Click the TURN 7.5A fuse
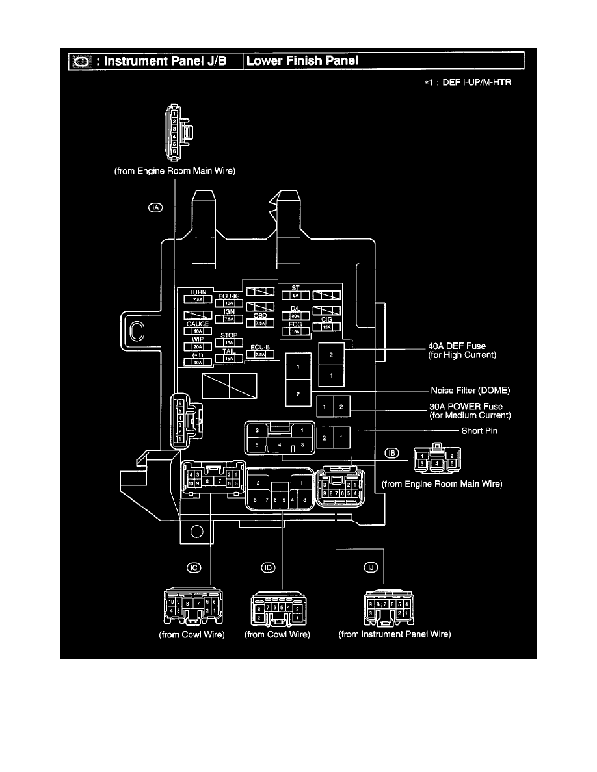pyautogui.click(x=197, y=300)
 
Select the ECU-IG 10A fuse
pyautogui.click(x=228, y=303)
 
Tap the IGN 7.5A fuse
pyautogui.click(x=228, y=319)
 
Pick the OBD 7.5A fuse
pyautogui.click(x=259, y=323)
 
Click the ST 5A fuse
pyautogui.click(x=295, y=294)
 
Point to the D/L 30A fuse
pyautogui.click(x=295, y=315)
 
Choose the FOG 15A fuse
pyautogui.click(x=295, y=331)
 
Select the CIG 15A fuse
pyautogui.click(x=326, y=328)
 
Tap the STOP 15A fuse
pyautogui.click(x=228, y=342)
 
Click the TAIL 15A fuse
pyautogui.click(x=228, y=358)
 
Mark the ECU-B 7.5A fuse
pyautogui.click(x=259, y=355)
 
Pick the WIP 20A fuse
pyautogui.click(x=197, y=346)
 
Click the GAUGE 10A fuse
pyautogui.click(x=197, y=331)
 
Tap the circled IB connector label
pyautogui.click(x=390, y=453)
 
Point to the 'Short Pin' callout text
pyautogui.click(x=480, y=431)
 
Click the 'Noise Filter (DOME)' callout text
pyautogui.click(x=470, y=391)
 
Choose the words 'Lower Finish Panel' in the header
pyautogui.click(x=302, y=61)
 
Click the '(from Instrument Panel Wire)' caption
pyautogui.click(x=395, y=634)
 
